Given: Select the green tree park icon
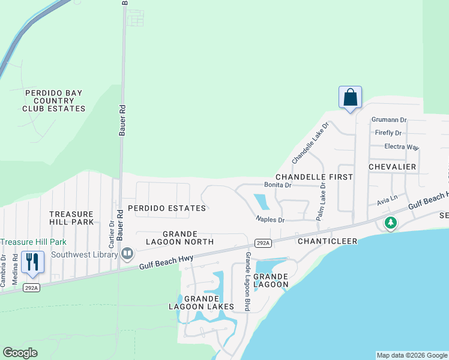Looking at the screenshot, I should [391, 223].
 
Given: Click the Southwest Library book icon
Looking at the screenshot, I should [127, 254].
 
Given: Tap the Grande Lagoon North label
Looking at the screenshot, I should [180, 238].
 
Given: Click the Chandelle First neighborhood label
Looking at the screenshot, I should [314, 177].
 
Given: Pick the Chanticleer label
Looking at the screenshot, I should [328, 241].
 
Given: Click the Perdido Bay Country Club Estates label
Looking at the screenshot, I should [54, 101].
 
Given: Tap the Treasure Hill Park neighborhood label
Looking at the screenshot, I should [71, 218].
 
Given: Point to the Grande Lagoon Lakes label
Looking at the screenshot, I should [200, 302].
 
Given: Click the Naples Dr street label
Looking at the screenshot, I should [270, 220].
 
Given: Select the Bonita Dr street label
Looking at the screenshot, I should [278, 185].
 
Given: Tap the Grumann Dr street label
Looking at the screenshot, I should [389, 120].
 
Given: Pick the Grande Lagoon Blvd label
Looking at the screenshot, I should [247, 281].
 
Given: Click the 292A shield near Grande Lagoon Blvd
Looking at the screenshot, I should [262, 243].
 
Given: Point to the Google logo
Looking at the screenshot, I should [20, 353].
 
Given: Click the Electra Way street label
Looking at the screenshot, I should [402, 146].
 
